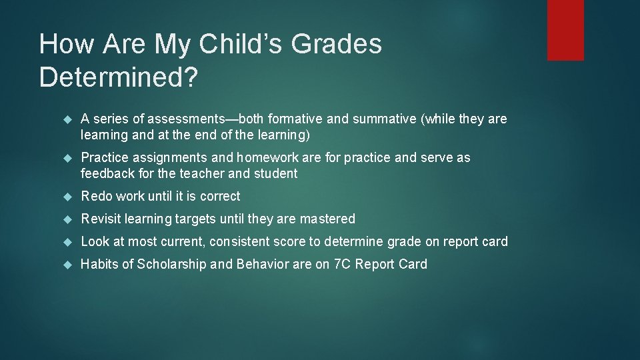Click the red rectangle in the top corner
565,30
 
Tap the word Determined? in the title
119,78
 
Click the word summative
383,119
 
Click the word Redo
96,197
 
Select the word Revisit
101,219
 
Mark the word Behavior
255,265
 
